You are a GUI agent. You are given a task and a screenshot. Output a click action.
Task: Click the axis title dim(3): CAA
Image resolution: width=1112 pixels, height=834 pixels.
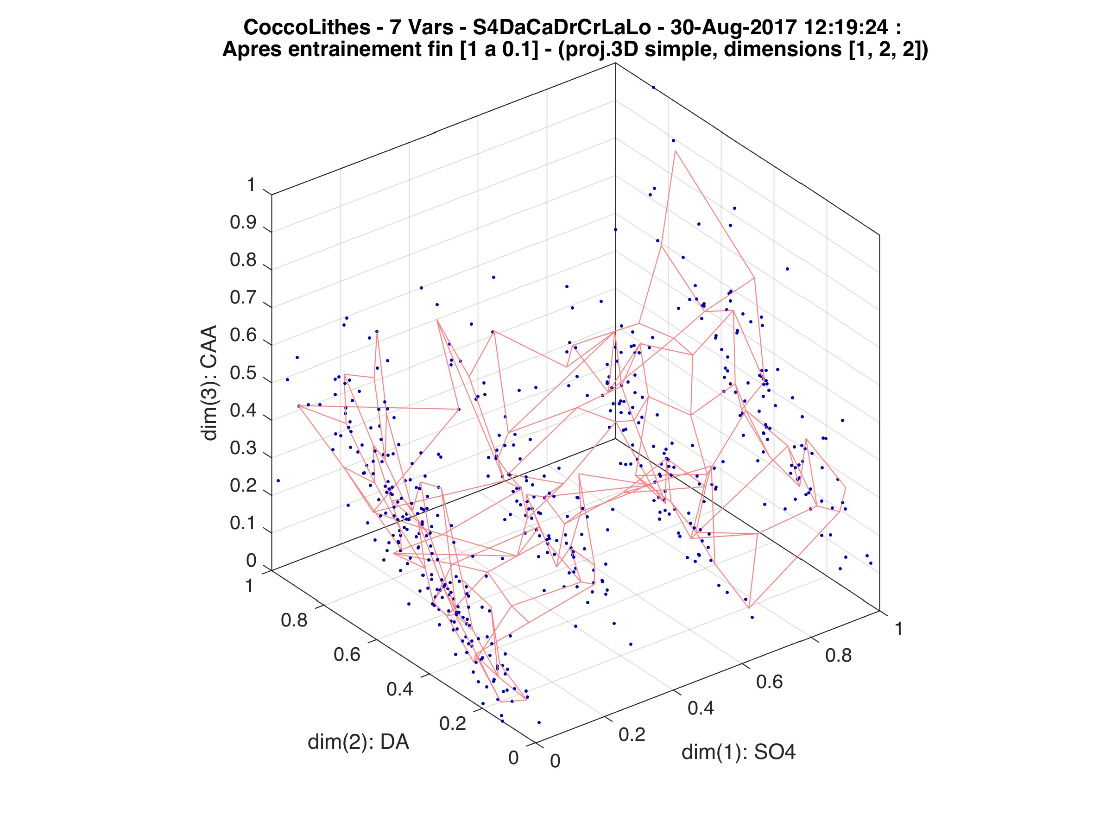point(209,383)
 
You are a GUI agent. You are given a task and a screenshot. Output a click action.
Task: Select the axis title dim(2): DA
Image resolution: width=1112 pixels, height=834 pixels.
point(358,742)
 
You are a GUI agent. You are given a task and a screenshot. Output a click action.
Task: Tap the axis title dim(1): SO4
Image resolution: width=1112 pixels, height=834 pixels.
point(739,752)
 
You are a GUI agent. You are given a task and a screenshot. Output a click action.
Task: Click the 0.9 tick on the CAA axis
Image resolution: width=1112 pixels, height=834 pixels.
point(243,223)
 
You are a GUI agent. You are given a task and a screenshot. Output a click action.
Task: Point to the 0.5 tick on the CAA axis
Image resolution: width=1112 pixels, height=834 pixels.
point(243,373)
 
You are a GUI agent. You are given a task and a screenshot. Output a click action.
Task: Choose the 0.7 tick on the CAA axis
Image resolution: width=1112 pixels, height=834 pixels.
point(243,297)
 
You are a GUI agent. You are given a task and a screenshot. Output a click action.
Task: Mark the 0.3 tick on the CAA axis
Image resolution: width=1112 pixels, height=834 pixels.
point(243,449)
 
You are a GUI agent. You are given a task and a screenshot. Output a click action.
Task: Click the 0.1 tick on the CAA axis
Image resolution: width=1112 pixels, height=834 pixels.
point(243,523)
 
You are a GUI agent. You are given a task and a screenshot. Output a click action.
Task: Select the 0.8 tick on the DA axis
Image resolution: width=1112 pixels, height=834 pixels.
point(294,620)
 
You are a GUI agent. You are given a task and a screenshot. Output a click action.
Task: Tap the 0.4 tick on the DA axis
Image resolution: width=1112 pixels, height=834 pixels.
point(400,689)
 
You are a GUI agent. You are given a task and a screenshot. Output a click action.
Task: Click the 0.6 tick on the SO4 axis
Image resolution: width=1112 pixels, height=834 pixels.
point(769,682)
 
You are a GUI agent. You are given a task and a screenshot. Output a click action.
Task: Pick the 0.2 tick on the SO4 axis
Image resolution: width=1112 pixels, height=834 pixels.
point(632,734)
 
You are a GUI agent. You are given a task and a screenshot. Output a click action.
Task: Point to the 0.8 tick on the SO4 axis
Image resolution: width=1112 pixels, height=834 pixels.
point(839,655)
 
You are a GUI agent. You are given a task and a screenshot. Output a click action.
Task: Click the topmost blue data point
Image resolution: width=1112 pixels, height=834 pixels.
point(653,88)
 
